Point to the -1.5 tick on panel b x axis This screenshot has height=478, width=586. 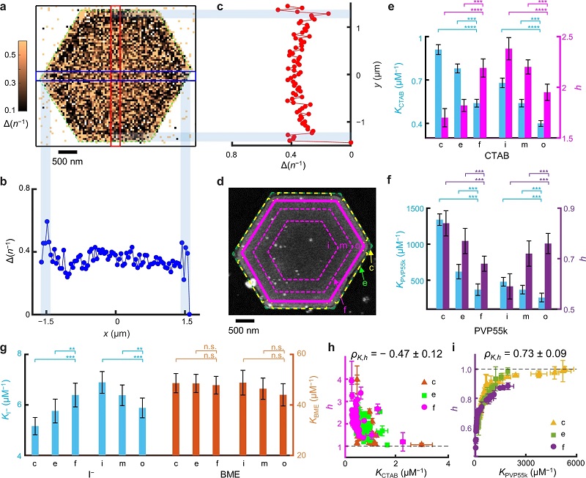point(46,322)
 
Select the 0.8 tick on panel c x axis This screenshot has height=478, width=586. point(233,154)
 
